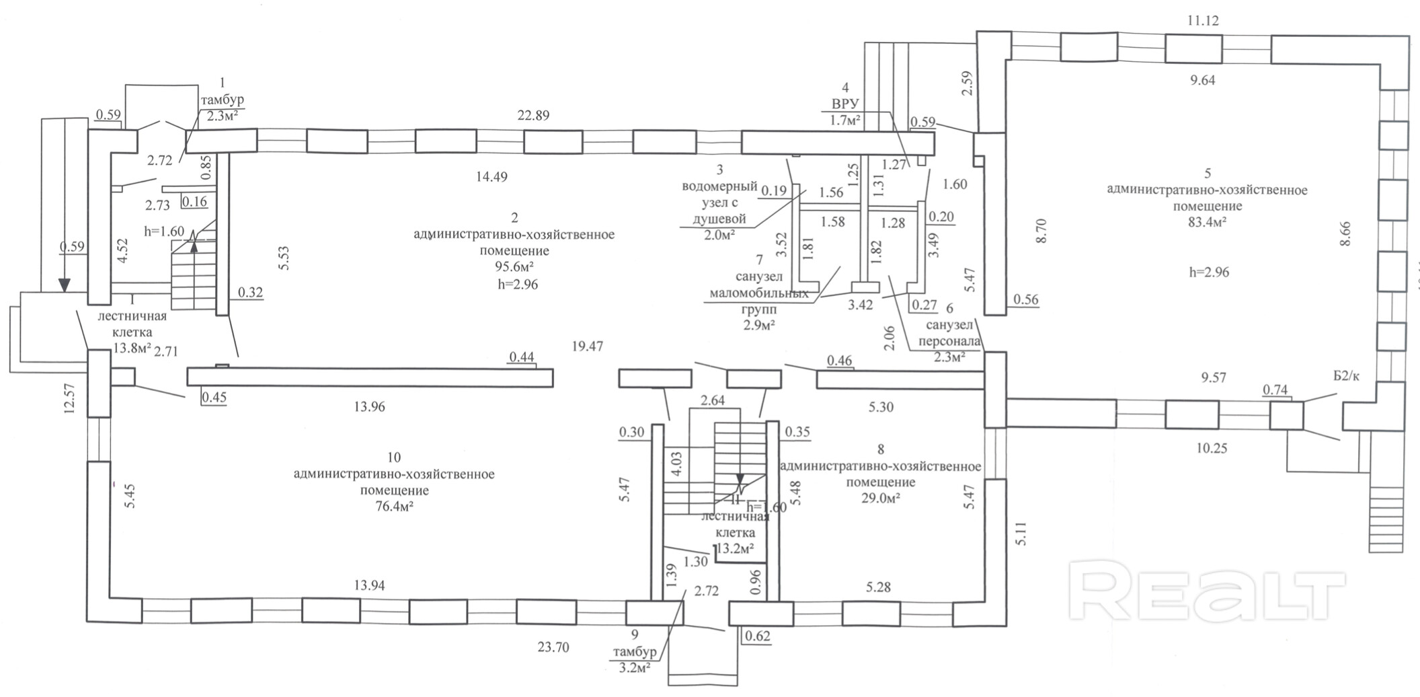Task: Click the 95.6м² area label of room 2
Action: tap(514, 267)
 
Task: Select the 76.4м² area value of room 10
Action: tap(393, 507)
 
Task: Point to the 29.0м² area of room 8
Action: tap(880, 499)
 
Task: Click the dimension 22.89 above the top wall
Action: tap(533, 115)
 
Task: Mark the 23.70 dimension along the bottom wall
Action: tap(553, 647)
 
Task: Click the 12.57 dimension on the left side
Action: tap(69, 399)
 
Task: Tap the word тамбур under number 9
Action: tap(634, 653)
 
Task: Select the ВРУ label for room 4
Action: tap(845, 104)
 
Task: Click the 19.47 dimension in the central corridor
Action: tap(586, 346)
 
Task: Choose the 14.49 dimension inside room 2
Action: tap(491, 177)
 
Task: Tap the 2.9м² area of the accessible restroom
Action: tap(758, 326)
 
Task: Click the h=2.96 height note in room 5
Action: tap(1208, 272)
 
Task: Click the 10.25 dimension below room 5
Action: tap(1211, 448)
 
